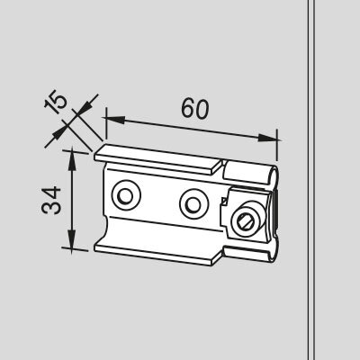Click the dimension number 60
[194, 108]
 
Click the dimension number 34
[51, 201]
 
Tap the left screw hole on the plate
[126, 195]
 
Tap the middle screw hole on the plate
[194, 204]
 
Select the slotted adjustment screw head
[247, 221]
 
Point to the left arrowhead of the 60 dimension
[114, 120]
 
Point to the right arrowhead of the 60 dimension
[267, 138]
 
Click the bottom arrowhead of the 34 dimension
[72, 238]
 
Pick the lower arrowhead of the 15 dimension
[59, 133]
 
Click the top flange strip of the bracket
[158, 159]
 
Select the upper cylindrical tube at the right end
[251, 173]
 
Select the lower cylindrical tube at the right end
[251, 254]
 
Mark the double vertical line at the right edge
[311, 180]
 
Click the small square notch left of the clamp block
[223, 201]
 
